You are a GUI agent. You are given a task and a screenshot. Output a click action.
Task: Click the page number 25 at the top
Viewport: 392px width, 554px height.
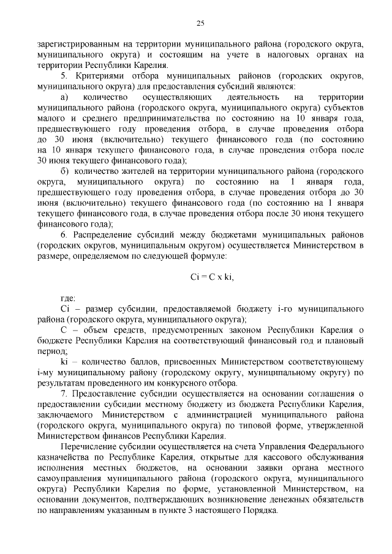[x=200, y=24]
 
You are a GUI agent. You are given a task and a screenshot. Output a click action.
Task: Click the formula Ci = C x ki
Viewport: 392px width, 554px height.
[x=213, y=277]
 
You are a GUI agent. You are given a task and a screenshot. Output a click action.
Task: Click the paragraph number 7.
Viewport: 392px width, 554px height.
[x=63, y=393]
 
